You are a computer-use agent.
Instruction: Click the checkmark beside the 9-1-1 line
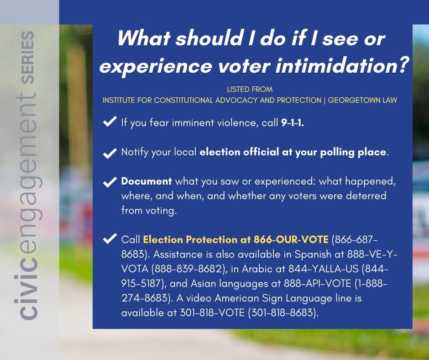coord(110,122)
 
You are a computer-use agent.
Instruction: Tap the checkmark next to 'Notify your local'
coord(110,153)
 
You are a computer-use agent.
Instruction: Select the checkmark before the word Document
coord(110,182)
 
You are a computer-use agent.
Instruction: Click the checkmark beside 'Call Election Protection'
coord(110,238)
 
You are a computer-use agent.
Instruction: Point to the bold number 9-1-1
coord(293,123)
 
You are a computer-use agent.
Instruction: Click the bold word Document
coord(146,181)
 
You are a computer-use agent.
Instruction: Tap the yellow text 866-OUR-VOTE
coord(291,239)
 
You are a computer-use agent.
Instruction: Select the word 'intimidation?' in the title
coord(342,66)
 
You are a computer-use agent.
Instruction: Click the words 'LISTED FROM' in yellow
coord(250,90)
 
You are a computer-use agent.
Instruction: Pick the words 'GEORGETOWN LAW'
coord(362,100)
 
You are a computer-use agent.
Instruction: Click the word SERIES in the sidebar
coord(28,58)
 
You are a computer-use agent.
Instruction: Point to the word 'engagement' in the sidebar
coord(28,180)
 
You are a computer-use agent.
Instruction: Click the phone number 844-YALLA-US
coord(324,269)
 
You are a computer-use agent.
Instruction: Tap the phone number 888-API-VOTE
coord(318,283)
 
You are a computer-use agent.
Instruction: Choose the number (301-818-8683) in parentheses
coord(283,312)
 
